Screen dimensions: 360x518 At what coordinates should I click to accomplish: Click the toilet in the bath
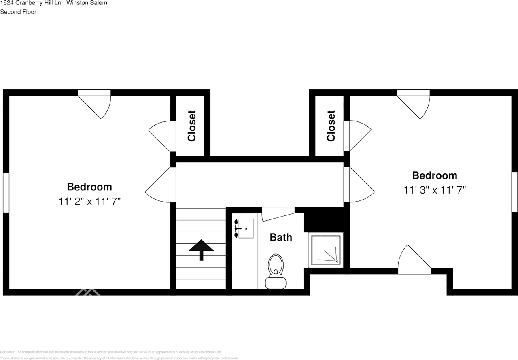(x=276, y=271)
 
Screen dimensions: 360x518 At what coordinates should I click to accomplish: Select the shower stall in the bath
(x=326, y=250)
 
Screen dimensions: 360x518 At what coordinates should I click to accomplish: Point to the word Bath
(x=281, y=237)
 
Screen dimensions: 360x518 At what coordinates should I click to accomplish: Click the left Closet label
(x=191, y=126)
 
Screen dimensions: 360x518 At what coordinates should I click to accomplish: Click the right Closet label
(x=331, y=126)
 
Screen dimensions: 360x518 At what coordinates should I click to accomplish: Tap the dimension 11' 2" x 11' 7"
(x=89, y=201)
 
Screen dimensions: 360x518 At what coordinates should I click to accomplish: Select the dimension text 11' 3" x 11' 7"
(x=435, y=190)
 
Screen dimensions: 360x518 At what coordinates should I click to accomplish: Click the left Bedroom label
(x=89, y=187)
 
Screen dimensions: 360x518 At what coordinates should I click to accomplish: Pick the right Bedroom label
(x=435, y=175)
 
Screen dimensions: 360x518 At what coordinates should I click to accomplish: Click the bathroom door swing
(x=278, y=213)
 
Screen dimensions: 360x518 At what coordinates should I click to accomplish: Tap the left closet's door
(x=161, y=135)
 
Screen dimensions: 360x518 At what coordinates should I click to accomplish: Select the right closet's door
(x=359, y=135)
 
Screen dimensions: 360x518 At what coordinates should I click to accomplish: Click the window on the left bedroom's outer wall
(x=6, y=192)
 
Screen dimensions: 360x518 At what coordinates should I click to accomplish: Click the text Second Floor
(x=18, y=12)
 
